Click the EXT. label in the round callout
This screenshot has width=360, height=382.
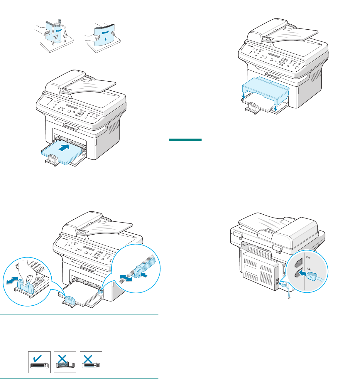click(308, 257)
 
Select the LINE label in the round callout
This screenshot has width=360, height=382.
click(308, 269)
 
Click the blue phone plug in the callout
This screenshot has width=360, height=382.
click(313, 276)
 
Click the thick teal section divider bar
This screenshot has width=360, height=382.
click(185, 140)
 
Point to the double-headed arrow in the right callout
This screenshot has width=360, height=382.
click(126, 277)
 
